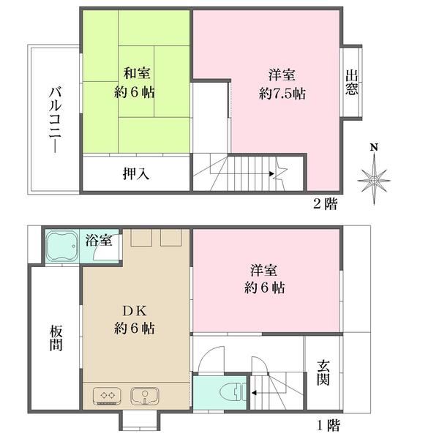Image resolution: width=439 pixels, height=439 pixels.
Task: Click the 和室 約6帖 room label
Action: tap(135, 83)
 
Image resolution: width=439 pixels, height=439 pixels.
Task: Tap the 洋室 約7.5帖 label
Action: tap(282, 84)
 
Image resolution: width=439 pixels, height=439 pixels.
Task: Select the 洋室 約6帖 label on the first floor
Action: tap(265, 279)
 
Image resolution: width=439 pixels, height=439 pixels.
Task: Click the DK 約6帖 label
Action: tap(135, 320)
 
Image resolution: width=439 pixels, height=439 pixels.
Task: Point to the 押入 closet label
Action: tap(136, 173)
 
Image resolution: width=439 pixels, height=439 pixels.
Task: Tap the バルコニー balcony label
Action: tap(55, 120)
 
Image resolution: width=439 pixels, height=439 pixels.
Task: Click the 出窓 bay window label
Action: tap(351, 82)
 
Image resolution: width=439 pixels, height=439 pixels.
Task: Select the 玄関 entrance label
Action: tap(323, 372)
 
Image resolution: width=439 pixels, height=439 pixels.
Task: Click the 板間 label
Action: tap(56, 337)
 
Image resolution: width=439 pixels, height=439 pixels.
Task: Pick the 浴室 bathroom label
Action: tap(99, 240)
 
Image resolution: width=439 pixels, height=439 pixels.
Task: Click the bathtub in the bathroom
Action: tap(62, 246)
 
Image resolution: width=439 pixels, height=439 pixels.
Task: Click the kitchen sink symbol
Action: tap(145, 396)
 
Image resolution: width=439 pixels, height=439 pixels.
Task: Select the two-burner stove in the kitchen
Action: tap(107, 396)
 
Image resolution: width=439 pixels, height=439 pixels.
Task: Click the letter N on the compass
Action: tap(374, 147)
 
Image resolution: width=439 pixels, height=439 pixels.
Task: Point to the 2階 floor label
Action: tap(326, 203)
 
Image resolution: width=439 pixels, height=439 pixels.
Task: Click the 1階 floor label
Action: tap(329, 425)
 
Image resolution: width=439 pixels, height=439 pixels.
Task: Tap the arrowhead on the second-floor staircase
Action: tap(271, 173)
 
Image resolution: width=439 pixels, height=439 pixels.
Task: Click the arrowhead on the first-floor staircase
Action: tap(254, 393)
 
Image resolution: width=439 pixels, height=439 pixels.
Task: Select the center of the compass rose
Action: tap(374, 181)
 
